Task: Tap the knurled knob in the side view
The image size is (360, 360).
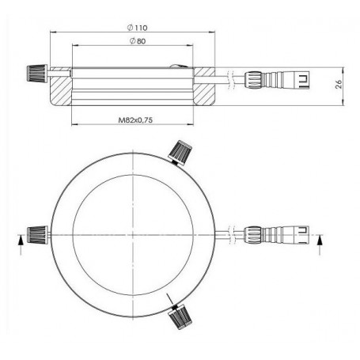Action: (x=33, y=72)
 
